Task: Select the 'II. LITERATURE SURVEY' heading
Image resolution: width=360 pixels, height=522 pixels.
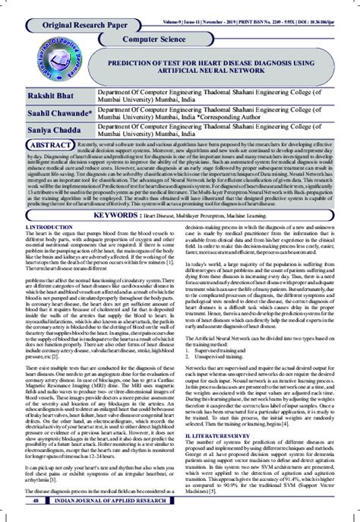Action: pyautogui.click(x=221, y=433)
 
